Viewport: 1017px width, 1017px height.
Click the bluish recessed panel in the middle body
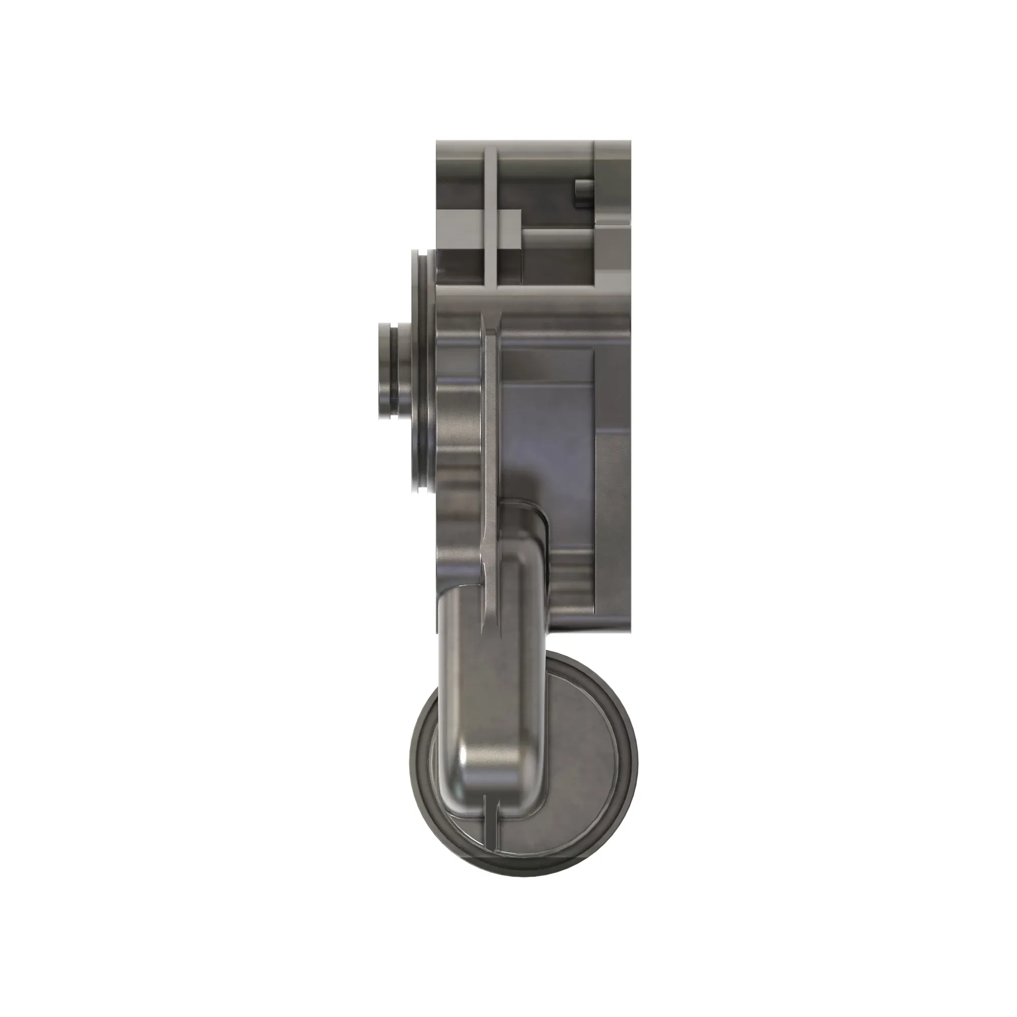coord(548,421)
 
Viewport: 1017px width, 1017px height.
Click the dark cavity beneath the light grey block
coord(463,266)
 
